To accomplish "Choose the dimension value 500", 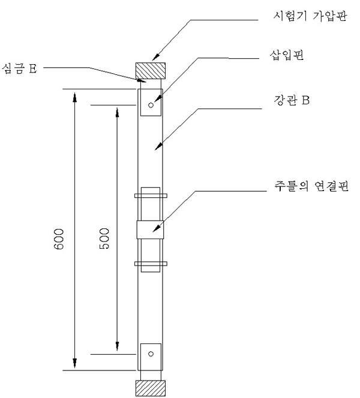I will pos(104,238).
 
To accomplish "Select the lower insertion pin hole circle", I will pos(151,354).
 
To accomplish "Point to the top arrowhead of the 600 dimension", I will pos(74,95).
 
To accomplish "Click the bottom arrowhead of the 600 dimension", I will pos(74,364).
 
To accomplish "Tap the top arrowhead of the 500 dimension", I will pos(116,110).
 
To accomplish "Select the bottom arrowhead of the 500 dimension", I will pos(116,348).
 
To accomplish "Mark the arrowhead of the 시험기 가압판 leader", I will pos(153,60).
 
